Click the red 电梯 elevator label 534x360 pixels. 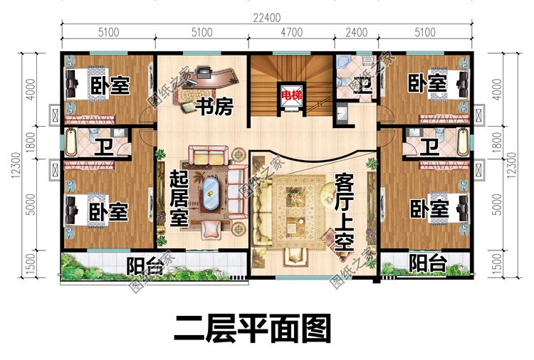(290, 95)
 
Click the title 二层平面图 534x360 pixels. (253, 329)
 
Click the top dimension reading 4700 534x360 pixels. (292, 32)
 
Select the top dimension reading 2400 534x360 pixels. (356, 32)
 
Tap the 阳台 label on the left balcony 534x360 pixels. (145, 265)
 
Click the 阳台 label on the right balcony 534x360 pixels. (429, 263)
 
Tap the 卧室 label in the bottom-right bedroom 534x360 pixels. (429, 208)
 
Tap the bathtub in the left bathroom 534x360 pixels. (73, 142)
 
